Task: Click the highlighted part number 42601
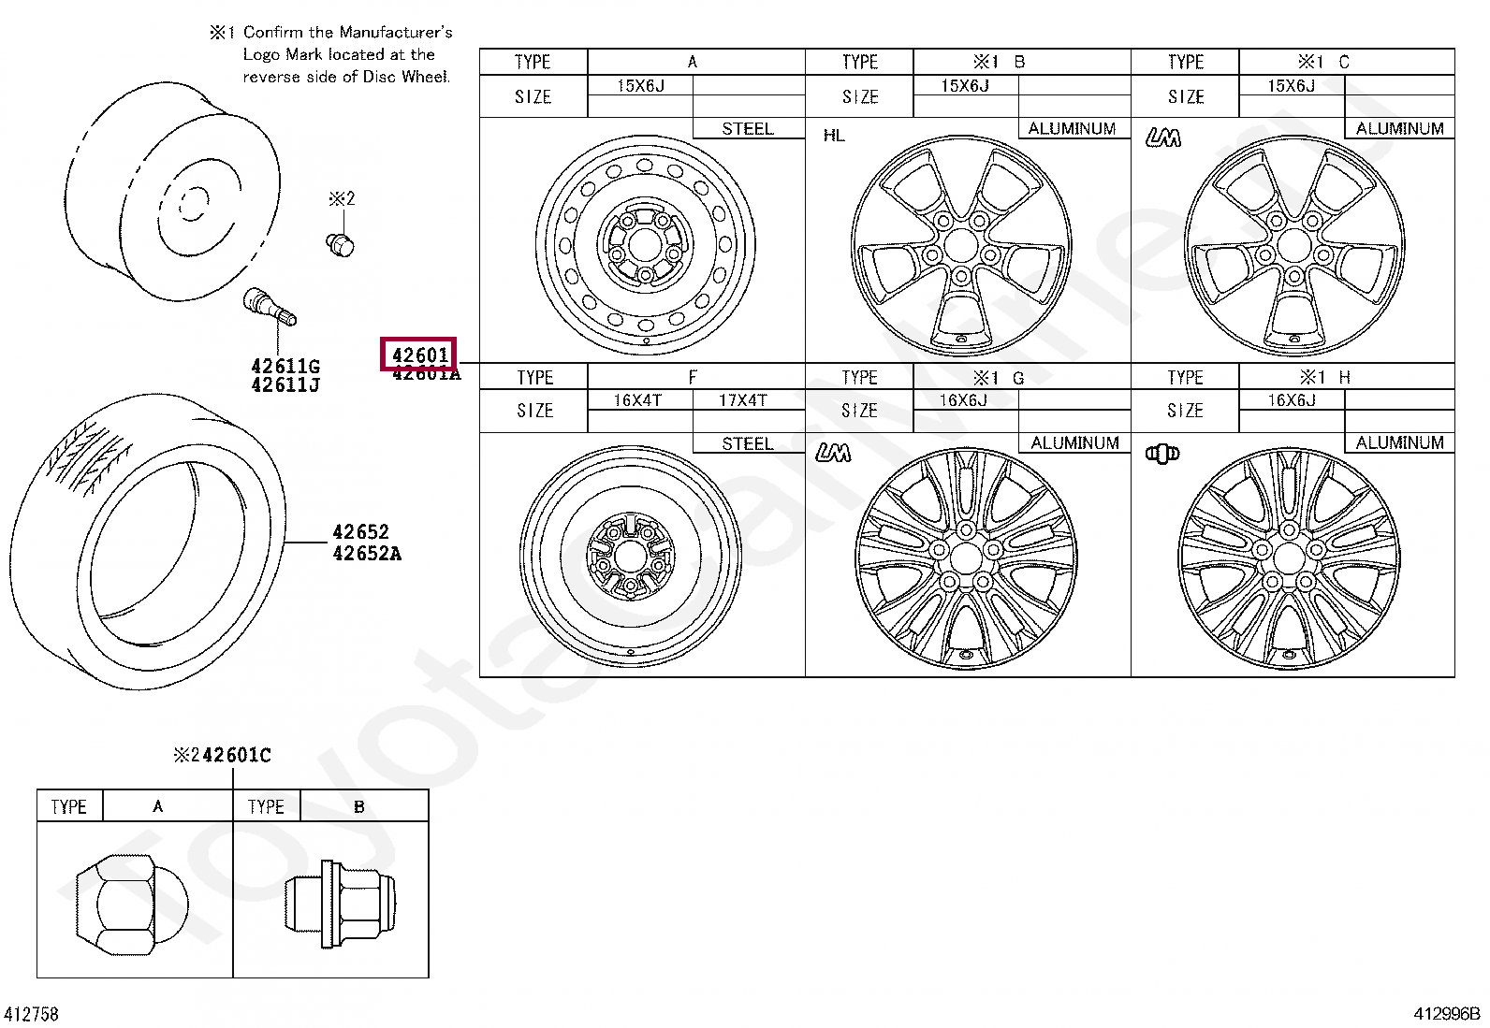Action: (x=419, y=355)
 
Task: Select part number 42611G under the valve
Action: (x=285, y=366)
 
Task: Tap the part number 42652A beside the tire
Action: (x=366, y=553)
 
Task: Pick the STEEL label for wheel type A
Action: (x=747, y=129)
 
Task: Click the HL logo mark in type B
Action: (x=834, y=136)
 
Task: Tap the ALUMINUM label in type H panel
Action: (x=1398, y=442)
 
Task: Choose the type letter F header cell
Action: (x=693, y=377)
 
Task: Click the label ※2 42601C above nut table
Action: (x=222, y=755)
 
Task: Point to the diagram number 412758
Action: (x=32, y=1014)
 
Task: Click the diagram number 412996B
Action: (x=1446, y=1014)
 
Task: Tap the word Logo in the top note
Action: (x=263, y=54)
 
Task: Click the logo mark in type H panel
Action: (x=1161, y=454)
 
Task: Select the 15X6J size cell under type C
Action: (x=1291, y=86)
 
